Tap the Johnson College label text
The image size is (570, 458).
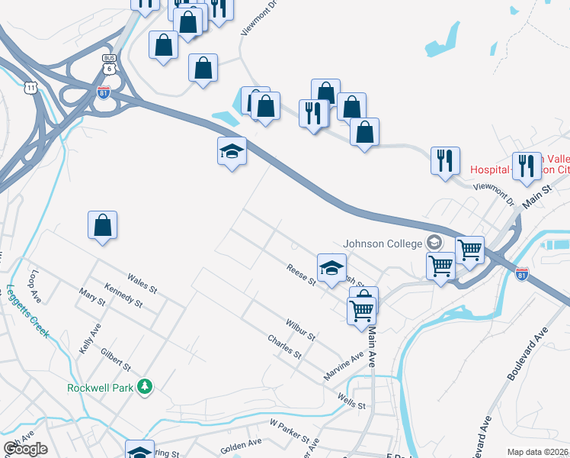(x=383, y=244)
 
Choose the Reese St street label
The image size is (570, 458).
(x=301, y=274)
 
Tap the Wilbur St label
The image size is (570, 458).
(x=300, y=330)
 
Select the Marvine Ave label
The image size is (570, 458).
(x=344, y=363)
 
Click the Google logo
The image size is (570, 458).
(x=25, y=449)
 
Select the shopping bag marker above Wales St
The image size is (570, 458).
(x=103, y=225)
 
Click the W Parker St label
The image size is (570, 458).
(x=290, y=429)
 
